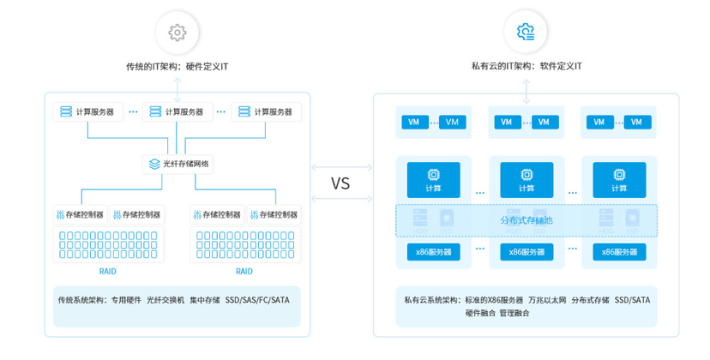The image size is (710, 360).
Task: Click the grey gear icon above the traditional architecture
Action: [x=177, y=33]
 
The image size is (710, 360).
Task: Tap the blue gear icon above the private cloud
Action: [x=526, y=33]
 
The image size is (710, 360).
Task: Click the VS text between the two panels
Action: [x=340, y=183]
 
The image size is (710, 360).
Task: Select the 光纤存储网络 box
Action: [x=177, y=163]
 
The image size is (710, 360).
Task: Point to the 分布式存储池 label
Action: [x=526, y=220]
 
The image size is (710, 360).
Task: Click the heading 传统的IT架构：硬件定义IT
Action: [x=177, y=66]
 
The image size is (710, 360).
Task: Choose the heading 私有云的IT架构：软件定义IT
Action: [x=526, y=66]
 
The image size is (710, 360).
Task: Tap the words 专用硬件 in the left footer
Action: [x=125, y=300]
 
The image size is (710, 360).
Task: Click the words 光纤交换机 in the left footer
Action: [x=165, y=300]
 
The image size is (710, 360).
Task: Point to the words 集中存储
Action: [x=205, y=300]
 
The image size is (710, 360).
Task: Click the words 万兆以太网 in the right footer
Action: [x=547, y=300]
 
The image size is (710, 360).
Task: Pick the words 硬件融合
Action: [x=480, y=313]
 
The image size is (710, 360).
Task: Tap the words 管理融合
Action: [x=515, y=313]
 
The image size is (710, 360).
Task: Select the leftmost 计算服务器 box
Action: [x=88, y=112]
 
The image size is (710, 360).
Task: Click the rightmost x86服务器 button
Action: [x=619, y=252]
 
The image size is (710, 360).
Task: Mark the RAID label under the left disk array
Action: [x=108, y=271]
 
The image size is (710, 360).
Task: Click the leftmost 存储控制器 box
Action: [x=79, y=214]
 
